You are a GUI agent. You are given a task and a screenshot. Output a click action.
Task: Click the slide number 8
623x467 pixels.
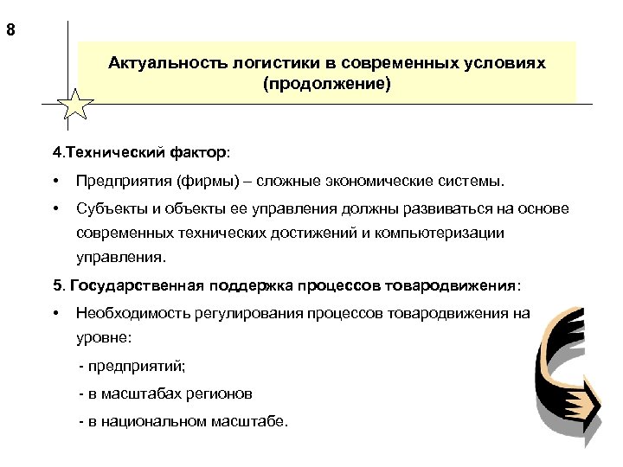click(10, 32)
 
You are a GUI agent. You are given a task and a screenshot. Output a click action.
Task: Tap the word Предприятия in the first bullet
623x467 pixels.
click(123, 182)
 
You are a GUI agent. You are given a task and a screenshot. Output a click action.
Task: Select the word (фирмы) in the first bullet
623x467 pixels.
click(205, 182)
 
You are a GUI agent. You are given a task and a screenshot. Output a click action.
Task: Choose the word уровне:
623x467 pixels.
click(104, 338)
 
